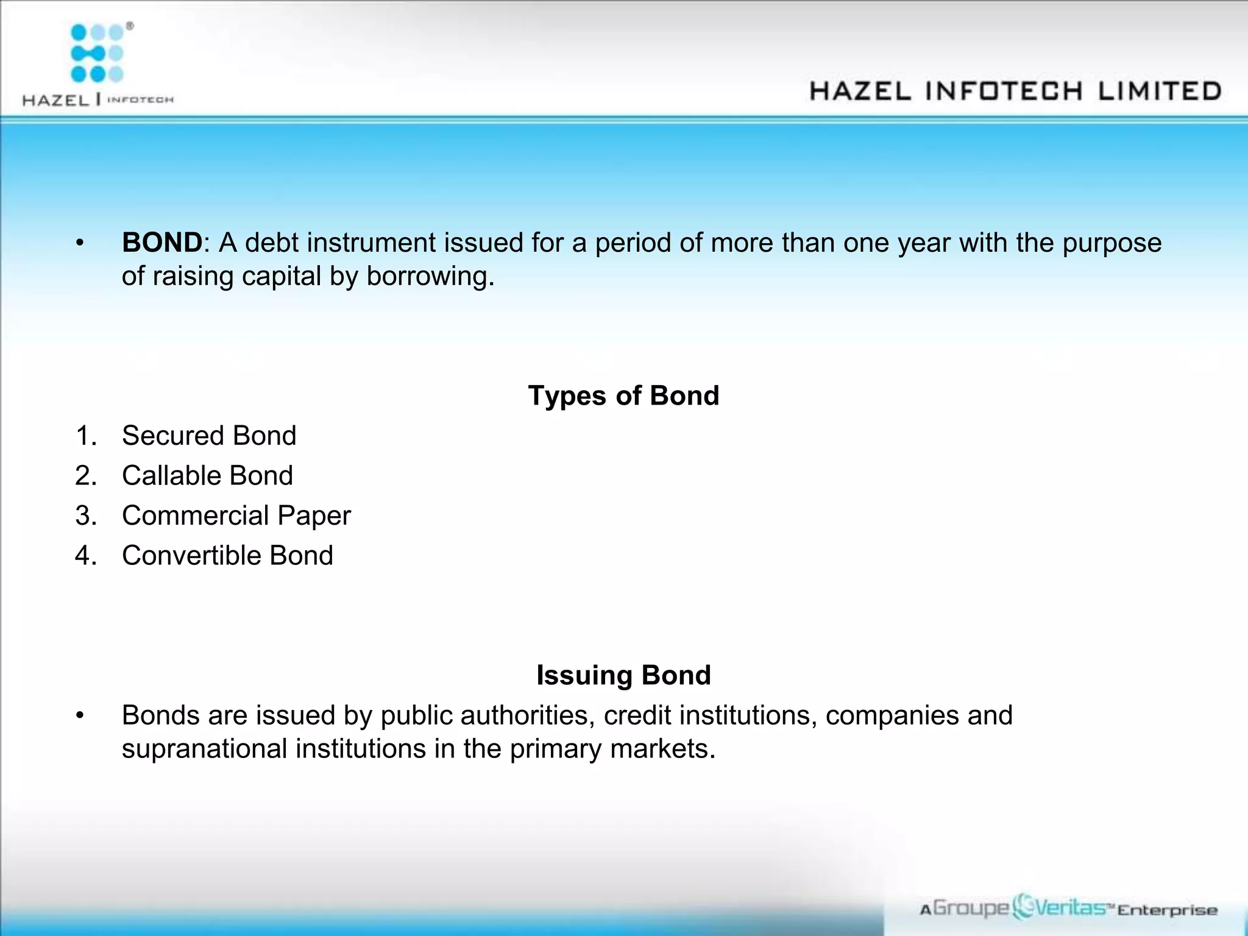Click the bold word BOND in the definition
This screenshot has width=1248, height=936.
click(x=161, y=243)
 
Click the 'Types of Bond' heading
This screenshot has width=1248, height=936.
click(x=623, y=395)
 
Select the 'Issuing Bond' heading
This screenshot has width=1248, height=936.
click(x=623, y=675)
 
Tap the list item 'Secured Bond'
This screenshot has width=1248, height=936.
click(x=209, y=436)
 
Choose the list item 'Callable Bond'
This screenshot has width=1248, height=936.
click(x=207, y=475)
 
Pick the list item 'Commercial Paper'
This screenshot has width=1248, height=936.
click(x=236, y=516)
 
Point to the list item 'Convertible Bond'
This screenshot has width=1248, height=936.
click(x=227, y=556)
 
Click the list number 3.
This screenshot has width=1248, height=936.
click(x=85, y=516)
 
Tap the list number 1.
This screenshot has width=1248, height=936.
click(x=85, y=436)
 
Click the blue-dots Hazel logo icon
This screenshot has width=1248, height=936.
click(x=97, y=53)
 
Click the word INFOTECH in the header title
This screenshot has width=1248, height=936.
click(x=1004, y=91)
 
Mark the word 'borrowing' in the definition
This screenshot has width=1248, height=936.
click(x=430, y=276)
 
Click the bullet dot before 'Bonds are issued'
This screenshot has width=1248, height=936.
click(x=79, y=715)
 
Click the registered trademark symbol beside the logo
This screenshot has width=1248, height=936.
click(x=130, y=26)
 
